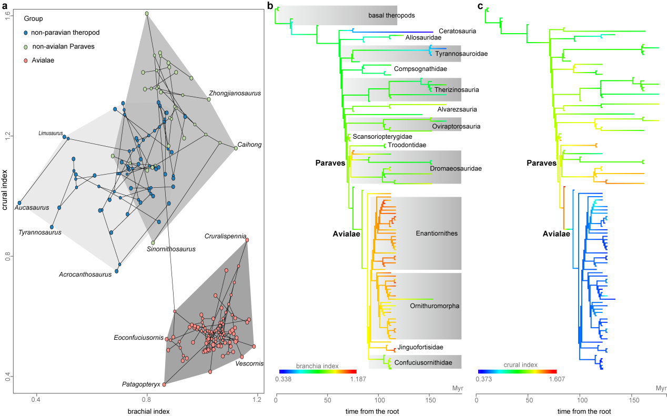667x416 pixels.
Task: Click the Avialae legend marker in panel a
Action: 26,60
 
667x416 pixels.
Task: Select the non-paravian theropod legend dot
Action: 26,33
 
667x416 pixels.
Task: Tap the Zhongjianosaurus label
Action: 235,93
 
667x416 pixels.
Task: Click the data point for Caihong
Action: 236,148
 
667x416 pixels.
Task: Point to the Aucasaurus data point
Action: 19,202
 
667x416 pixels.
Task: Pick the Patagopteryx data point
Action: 164,384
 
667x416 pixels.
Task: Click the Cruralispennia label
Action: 226,236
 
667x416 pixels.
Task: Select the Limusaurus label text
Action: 50,133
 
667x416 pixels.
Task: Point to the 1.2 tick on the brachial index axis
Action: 257,400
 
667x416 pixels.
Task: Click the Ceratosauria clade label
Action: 457,31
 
